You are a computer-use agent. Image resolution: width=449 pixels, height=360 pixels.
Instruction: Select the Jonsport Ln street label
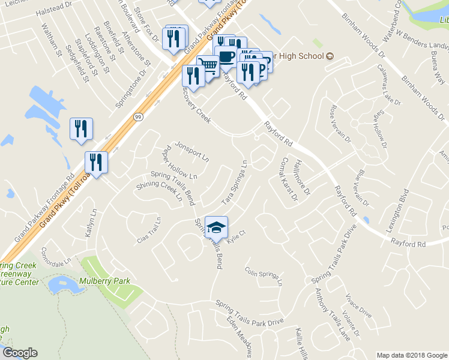[191, 152]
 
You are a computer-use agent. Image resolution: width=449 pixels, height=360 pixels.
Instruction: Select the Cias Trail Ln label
[150, 230]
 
